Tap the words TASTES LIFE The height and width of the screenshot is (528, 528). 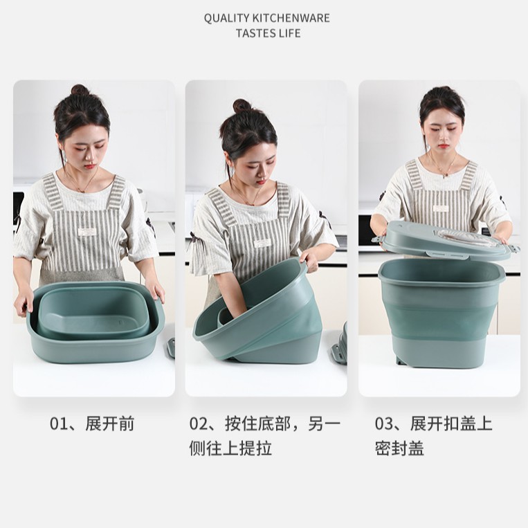268,33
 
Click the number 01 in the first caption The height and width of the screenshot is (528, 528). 58,424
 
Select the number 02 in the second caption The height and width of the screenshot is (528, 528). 198,424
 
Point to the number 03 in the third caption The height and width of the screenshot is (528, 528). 383,424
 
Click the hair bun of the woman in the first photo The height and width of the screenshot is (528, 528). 80,89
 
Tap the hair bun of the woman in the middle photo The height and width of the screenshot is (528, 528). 242,105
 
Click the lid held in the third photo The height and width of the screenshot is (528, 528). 445,239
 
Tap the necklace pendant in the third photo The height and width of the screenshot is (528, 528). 445,175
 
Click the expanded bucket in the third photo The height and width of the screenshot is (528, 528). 441,312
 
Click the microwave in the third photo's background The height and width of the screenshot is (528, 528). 367,230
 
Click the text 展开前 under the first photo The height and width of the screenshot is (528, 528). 110,424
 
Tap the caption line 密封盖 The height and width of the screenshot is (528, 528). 399,448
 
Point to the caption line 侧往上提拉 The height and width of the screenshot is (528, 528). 230,448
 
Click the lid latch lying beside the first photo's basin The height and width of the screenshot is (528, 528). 171,348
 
